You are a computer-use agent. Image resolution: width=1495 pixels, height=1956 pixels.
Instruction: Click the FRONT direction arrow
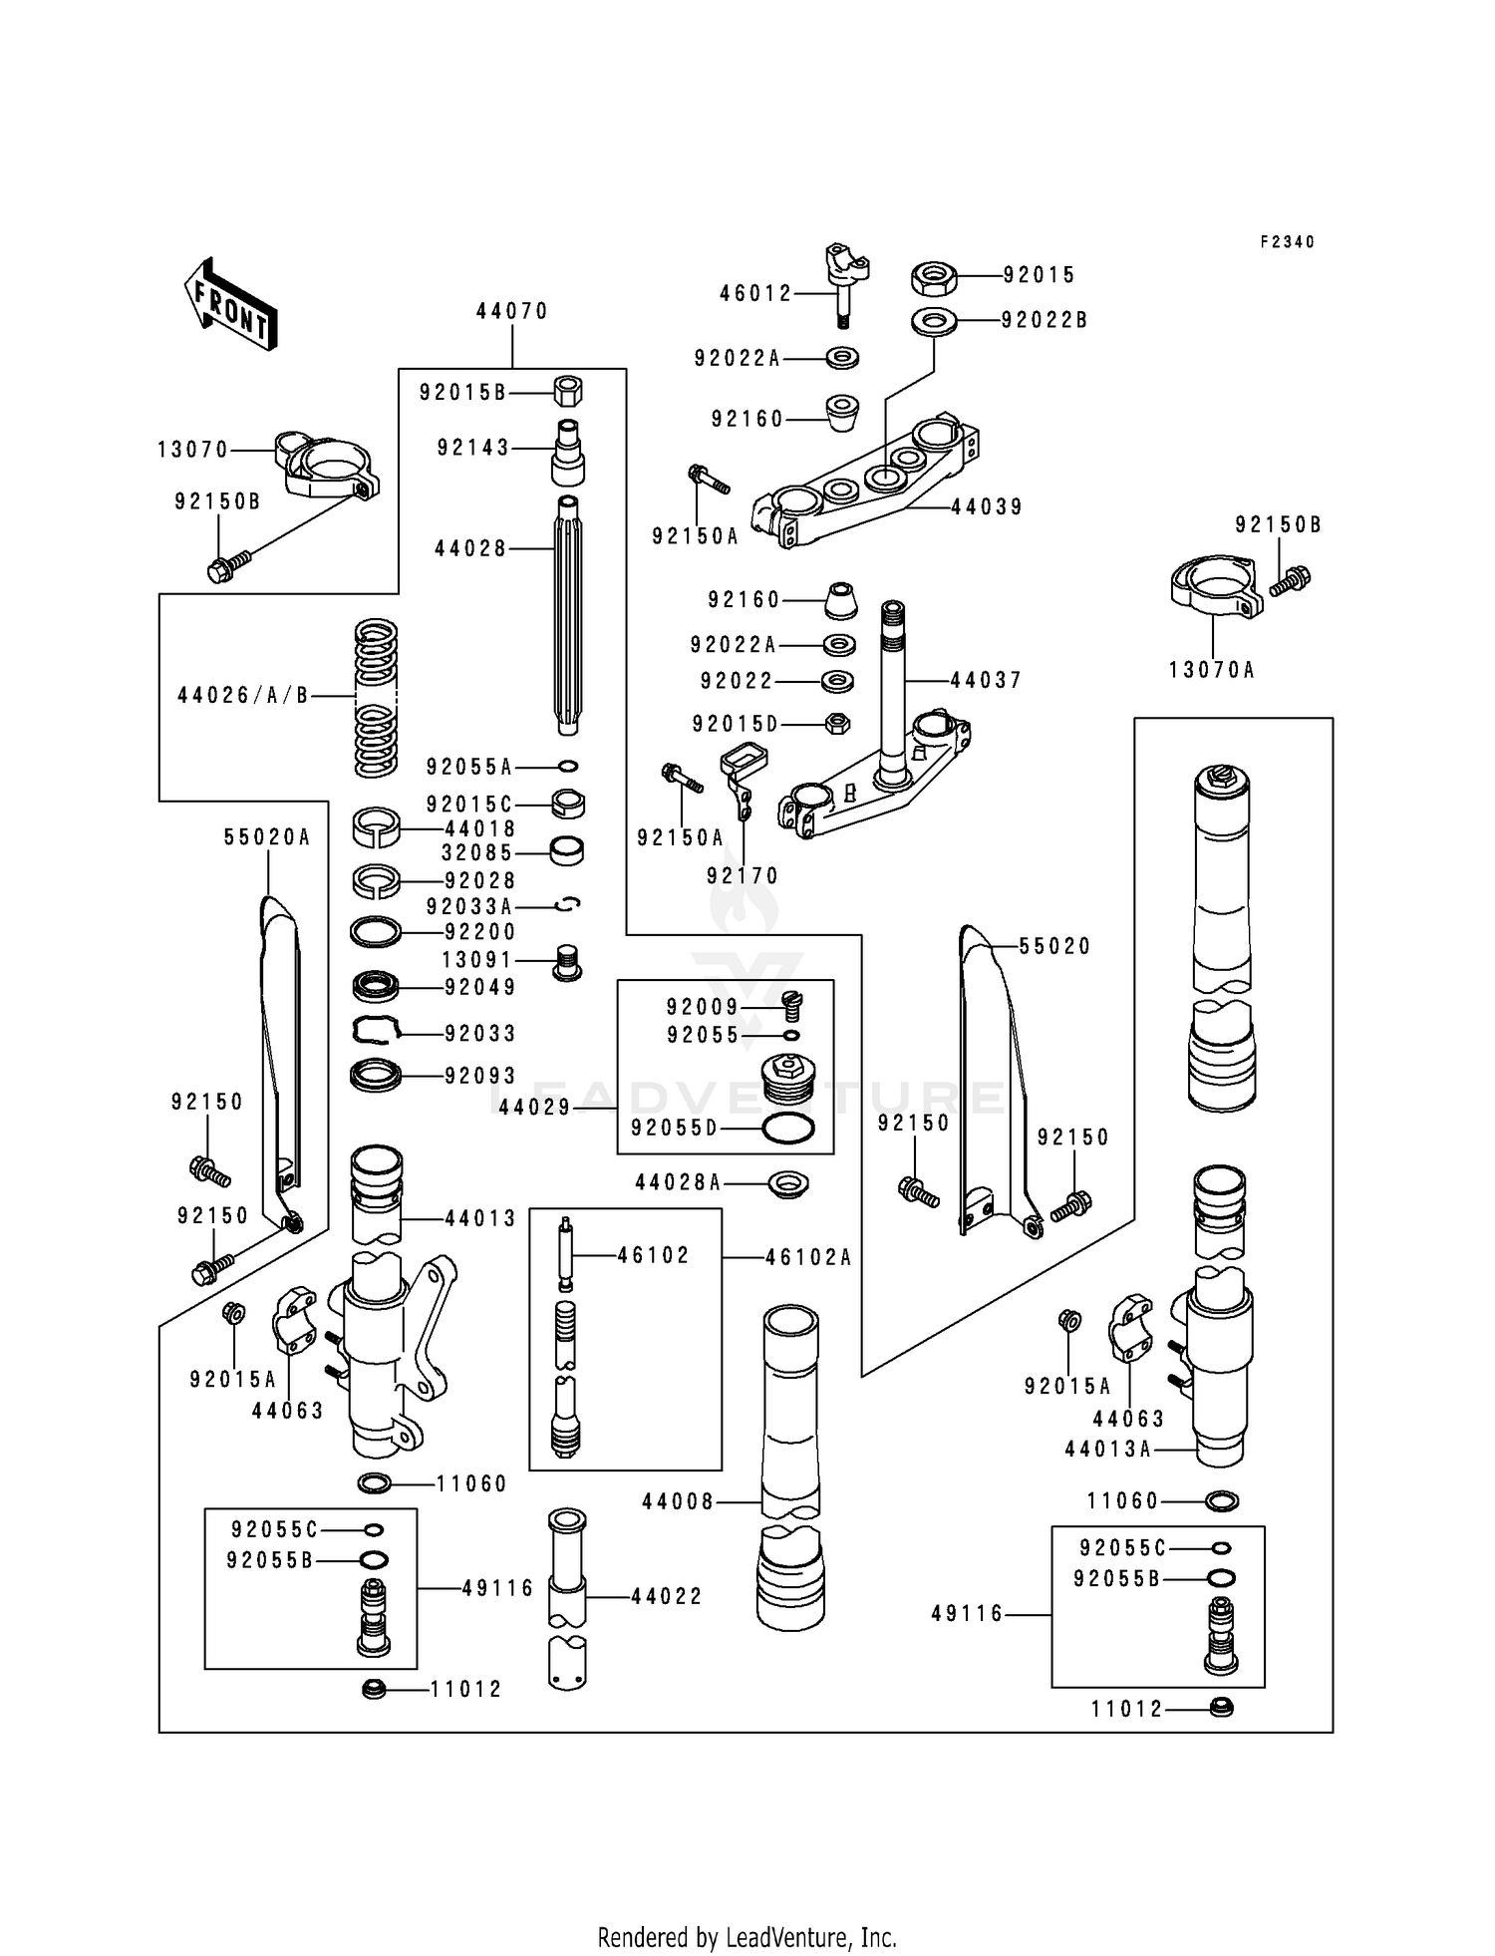coord(230,304)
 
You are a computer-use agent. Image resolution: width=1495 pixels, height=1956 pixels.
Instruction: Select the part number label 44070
coord(512,311)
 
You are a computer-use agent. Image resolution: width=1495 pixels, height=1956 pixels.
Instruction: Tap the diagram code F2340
coord(1287,242)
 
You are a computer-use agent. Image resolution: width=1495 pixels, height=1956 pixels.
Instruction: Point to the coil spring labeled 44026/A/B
coord(377,698)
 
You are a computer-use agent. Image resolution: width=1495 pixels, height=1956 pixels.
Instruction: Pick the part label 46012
coord(755,293)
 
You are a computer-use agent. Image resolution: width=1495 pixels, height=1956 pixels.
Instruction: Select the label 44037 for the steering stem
coord(986,680)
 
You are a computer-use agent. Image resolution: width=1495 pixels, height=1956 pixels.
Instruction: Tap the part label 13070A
coord(1211,670)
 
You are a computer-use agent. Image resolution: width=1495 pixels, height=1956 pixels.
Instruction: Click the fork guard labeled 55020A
coord(279,1057)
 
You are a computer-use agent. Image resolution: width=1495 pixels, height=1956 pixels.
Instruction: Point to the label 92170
coord(743,875)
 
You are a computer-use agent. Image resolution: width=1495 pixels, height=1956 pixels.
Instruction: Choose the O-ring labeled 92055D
coord(787,1129)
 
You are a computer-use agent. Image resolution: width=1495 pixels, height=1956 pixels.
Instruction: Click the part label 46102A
coord(808,1257)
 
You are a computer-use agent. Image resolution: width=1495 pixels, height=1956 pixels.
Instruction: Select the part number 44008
coord(678,1501)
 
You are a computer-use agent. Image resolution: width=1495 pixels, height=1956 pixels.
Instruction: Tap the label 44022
coord(667,1596)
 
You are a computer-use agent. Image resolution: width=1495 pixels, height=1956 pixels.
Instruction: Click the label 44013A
coord(1107,1450)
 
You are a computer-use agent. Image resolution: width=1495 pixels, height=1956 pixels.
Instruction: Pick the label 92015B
coord(462,393)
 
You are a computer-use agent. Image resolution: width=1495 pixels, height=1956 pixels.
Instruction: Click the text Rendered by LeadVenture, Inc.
coord(747,1937)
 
